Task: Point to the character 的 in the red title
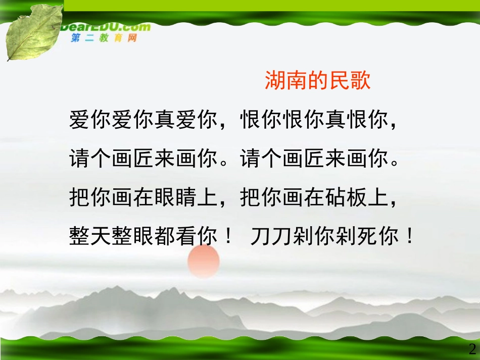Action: coord(318,81)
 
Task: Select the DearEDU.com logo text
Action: coord(106,27)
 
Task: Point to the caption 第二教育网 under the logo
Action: coord(104,38)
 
